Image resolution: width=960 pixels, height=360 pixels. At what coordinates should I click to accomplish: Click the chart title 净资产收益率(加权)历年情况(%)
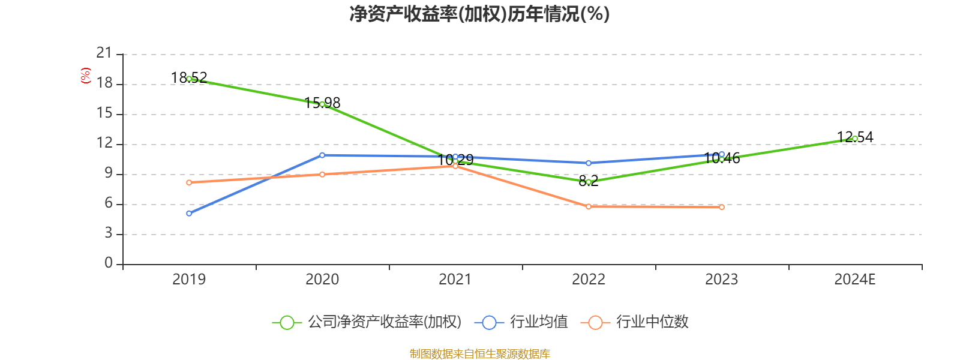click(479, 14)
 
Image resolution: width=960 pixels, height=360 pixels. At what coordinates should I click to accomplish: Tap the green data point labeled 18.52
click(189, 79)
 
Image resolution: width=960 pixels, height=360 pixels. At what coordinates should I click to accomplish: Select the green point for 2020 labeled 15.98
click(322, 104)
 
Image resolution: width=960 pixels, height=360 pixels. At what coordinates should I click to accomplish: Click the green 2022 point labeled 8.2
click(589, 182)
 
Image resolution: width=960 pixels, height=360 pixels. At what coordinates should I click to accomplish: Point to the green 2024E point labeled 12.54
click(855, 139)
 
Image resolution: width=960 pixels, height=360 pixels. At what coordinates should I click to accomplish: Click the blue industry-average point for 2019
click(189, 213)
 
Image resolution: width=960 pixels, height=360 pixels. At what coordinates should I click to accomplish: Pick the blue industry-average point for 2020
click(322, 155)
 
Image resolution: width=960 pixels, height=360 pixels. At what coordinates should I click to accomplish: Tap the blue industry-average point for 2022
click(589, 163)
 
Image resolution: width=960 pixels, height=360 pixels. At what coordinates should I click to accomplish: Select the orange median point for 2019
click(189, 182)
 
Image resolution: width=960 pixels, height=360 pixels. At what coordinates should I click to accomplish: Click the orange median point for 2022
click(589, 206)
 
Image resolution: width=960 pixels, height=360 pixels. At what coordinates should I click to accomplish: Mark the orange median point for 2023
click(722, 207)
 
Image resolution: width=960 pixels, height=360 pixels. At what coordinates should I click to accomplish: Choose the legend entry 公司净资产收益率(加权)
click(367, 322)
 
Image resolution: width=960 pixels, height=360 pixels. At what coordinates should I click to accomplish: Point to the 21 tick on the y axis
click(104, 53)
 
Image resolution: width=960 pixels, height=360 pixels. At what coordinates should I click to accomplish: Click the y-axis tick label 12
click(104, 143)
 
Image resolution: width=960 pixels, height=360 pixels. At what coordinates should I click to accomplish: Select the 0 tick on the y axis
click(109, 263)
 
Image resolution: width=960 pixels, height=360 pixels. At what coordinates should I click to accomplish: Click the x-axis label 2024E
click(855, 279)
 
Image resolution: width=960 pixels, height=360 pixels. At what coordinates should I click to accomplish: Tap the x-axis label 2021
click(455, 279)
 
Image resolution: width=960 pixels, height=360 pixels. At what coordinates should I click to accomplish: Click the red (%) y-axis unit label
click(85, 75)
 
